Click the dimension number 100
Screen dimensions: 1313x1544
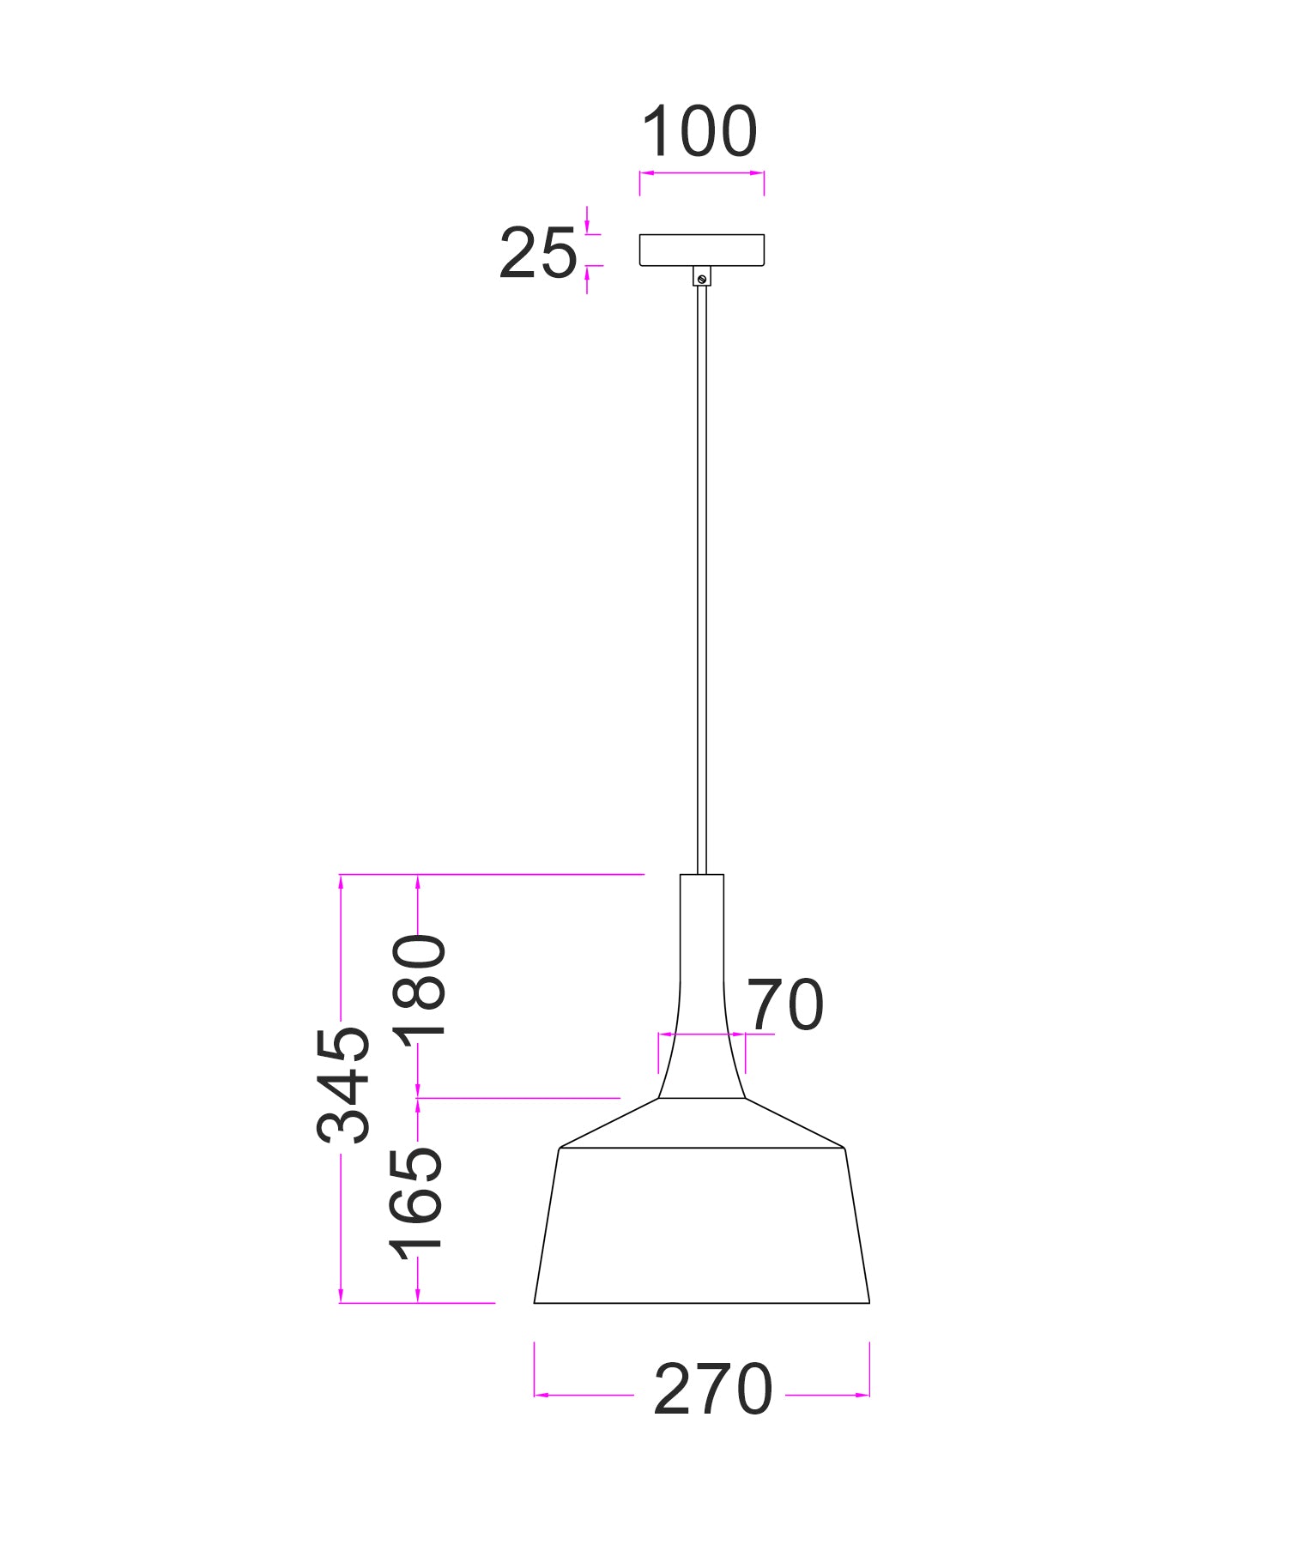[x=699, y=132]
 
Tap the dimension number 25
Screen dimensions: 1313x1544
[x=538, y=254]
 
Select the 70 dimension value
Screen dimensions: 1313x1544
[x=785, y=1004]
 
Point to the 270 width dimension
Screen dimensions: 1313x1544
[x=712, y=1389]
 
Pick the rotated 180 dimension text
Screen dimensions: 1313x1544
[x=421, y=986]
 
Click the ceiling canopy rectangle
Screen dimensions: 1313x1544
[x=702, y=250]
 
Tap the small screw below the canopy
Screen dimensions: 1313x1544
[x=702, y=277]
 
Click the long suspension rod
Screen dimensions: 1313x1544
[x=702, y=579]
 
